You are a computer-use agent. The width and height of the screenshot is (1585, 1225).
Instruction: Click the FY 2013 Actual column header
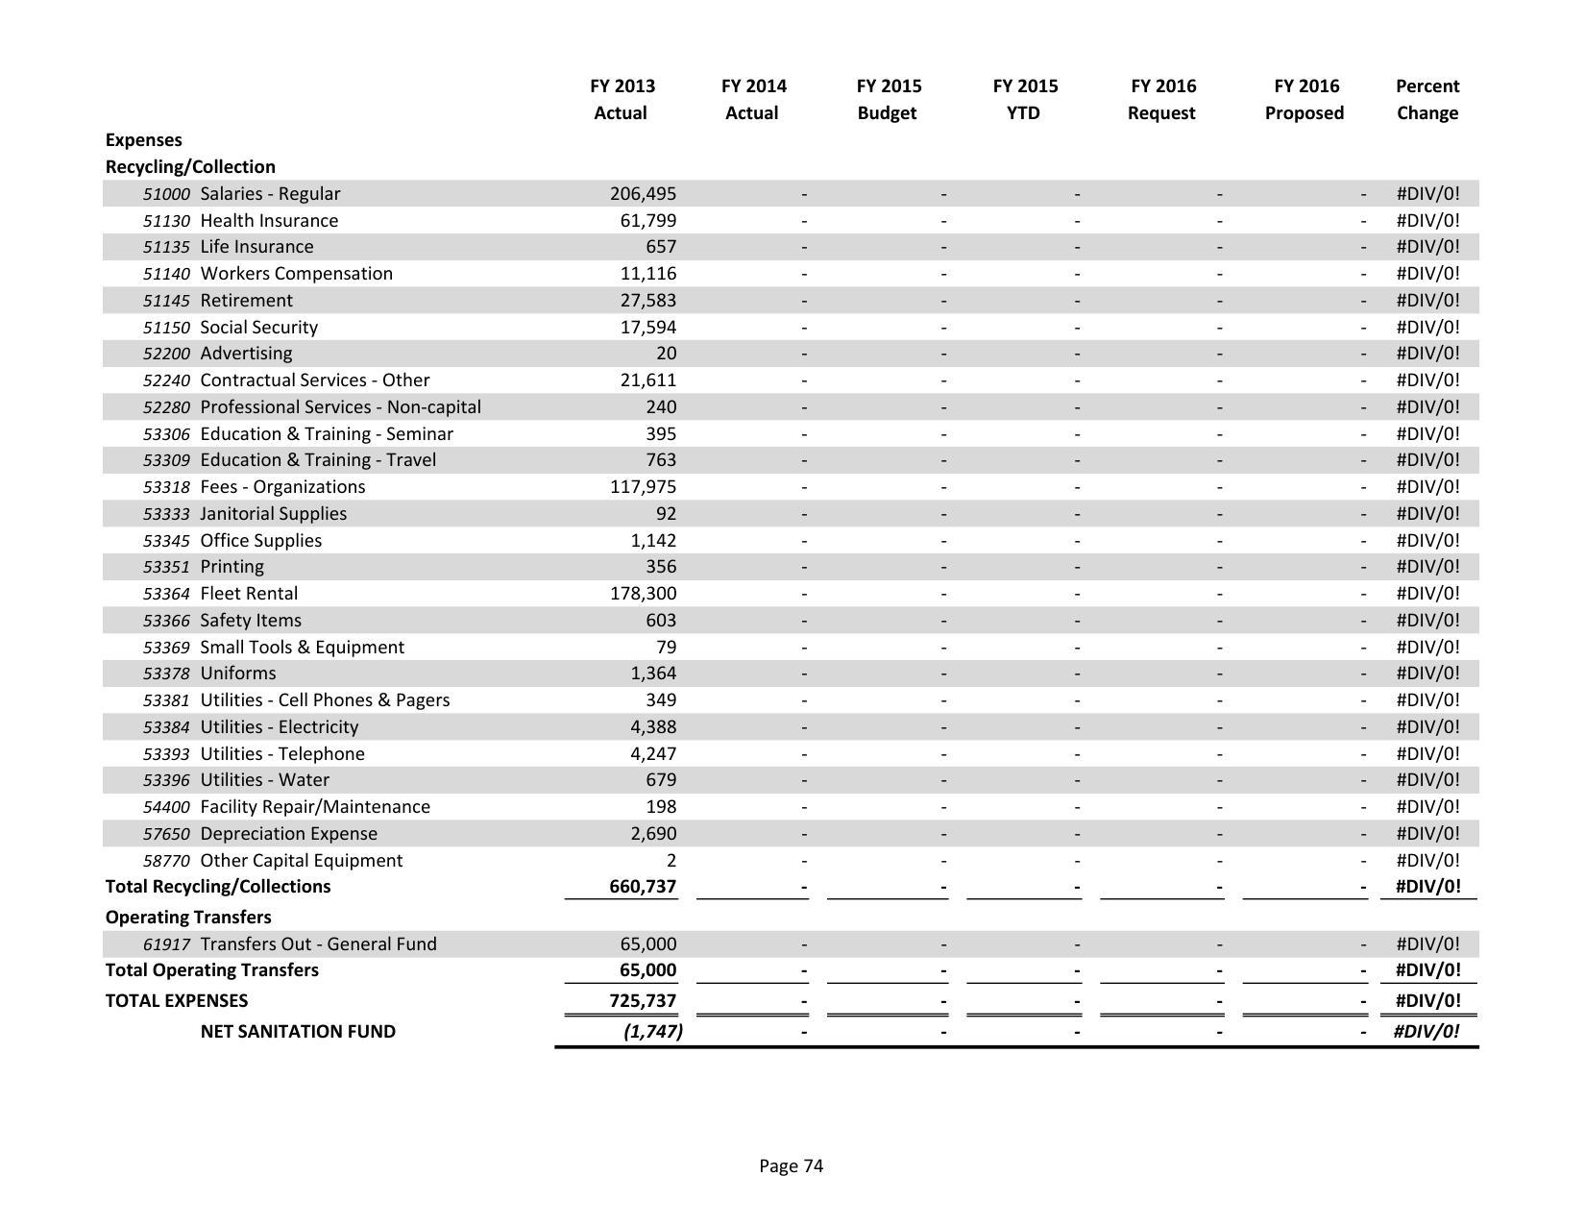pos(622,99)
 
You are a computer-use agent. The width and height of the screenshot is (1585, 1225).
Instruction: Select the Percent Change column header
pos(1426,99)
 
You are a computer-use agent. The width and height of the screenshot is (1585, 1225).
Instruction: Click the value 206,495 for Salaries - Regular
pos(643,194)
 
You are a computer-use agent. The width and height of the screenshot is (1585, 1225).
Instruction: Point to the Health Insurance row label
pos(269,221)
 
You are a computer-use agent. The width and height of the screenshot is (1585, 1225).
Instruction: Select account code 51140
pos(166,274)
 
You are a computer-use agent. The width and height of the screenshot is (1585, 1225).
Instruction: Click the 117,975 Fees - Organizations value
pos(643,487)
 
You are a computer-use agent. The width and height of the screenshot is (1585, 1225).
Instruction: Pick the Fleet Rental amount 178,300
pos(643,594)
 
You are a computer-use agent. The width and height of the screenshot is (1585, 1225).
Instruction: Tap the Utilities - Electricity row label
pos(279,727)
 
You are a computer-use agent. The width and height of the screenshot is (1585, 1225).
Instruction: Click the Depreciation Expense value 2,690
pos(653,834)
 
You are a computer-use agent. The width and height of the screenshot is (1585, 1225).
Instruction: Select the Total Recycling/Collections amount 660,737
pos(643,887)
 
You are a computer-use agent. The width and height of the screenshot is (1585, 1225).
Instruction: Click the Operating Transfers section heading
pos(188,918)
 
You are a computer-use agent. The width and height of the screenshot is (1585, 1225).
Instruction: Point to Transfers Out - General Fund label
pos(318,944)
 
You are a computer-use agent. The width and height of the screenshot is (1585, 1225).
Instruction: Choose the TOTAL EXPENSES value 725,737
pos(643,1001)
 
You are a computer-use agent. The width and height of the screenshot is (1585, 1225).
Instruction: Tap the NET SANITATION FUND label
pos(298,1032)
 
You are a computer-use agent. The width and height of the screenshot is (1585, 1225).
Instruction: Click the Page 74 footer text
pos(791,1166)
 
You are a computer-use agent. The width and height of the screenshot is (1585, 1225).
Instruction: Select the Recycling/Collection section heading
pos(190,167)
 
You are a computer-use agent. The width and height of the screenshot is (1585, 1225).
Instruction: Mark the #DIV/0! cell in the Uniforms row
pos(1427,674)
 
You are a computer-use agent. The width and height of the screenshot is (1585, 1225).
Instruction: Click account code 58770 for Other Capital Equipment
pos(166,861)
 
